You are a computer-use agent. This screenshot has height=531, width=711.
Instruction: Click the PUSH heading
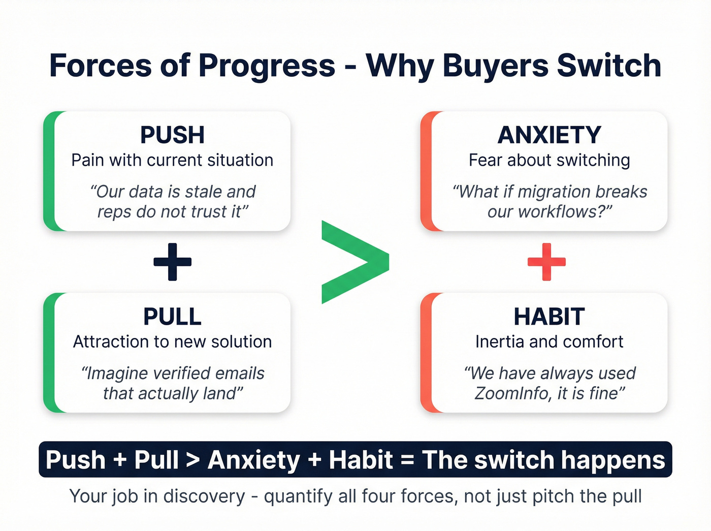(172, 135)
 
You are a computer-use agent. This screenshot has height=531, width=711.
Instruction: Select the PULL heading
(172, 317)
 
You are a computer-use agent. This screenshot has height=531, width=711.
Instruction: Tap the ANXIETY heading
(549, 135)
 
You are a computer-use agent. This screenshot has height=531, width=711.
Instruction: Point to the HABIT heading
(549, 317)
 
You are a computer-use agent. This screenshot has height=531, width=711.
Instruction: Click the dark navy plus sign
(173, 262)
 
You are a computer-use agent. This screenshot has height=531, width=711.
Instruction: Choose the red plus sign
(546, 262)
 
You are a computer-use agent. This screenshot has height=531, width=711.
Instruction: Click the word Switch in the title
(609, 66)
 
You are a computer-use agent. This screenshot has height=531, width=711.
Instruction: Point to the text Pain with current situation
(172, 160)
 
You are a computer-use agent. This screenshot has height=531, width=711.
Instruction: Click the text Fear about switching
(549, 160)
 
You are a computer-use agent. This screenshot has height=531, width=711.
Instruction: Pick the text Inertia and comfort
(549, 341)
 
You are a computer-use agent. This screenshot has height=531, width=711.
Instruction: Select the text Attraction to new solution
(172, 341)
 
